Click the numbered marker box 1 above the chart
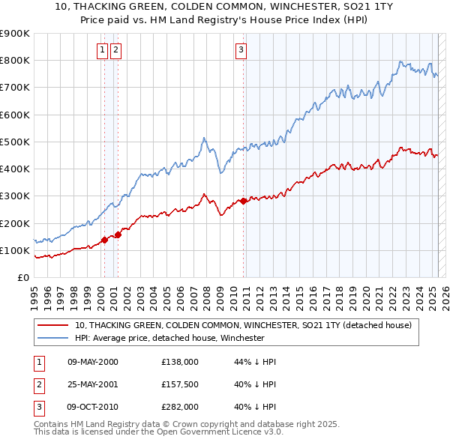click(102, 50)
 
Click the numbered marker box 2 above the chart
click(116, 50)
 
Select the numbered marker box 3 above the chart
click(241, 50)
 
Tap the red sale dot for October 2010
click(244, 201)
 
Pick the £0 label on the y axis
click(22, 277)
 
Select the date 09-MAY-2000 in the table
click(93, 362)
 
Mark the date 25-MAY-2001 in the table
click(93, 384)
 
